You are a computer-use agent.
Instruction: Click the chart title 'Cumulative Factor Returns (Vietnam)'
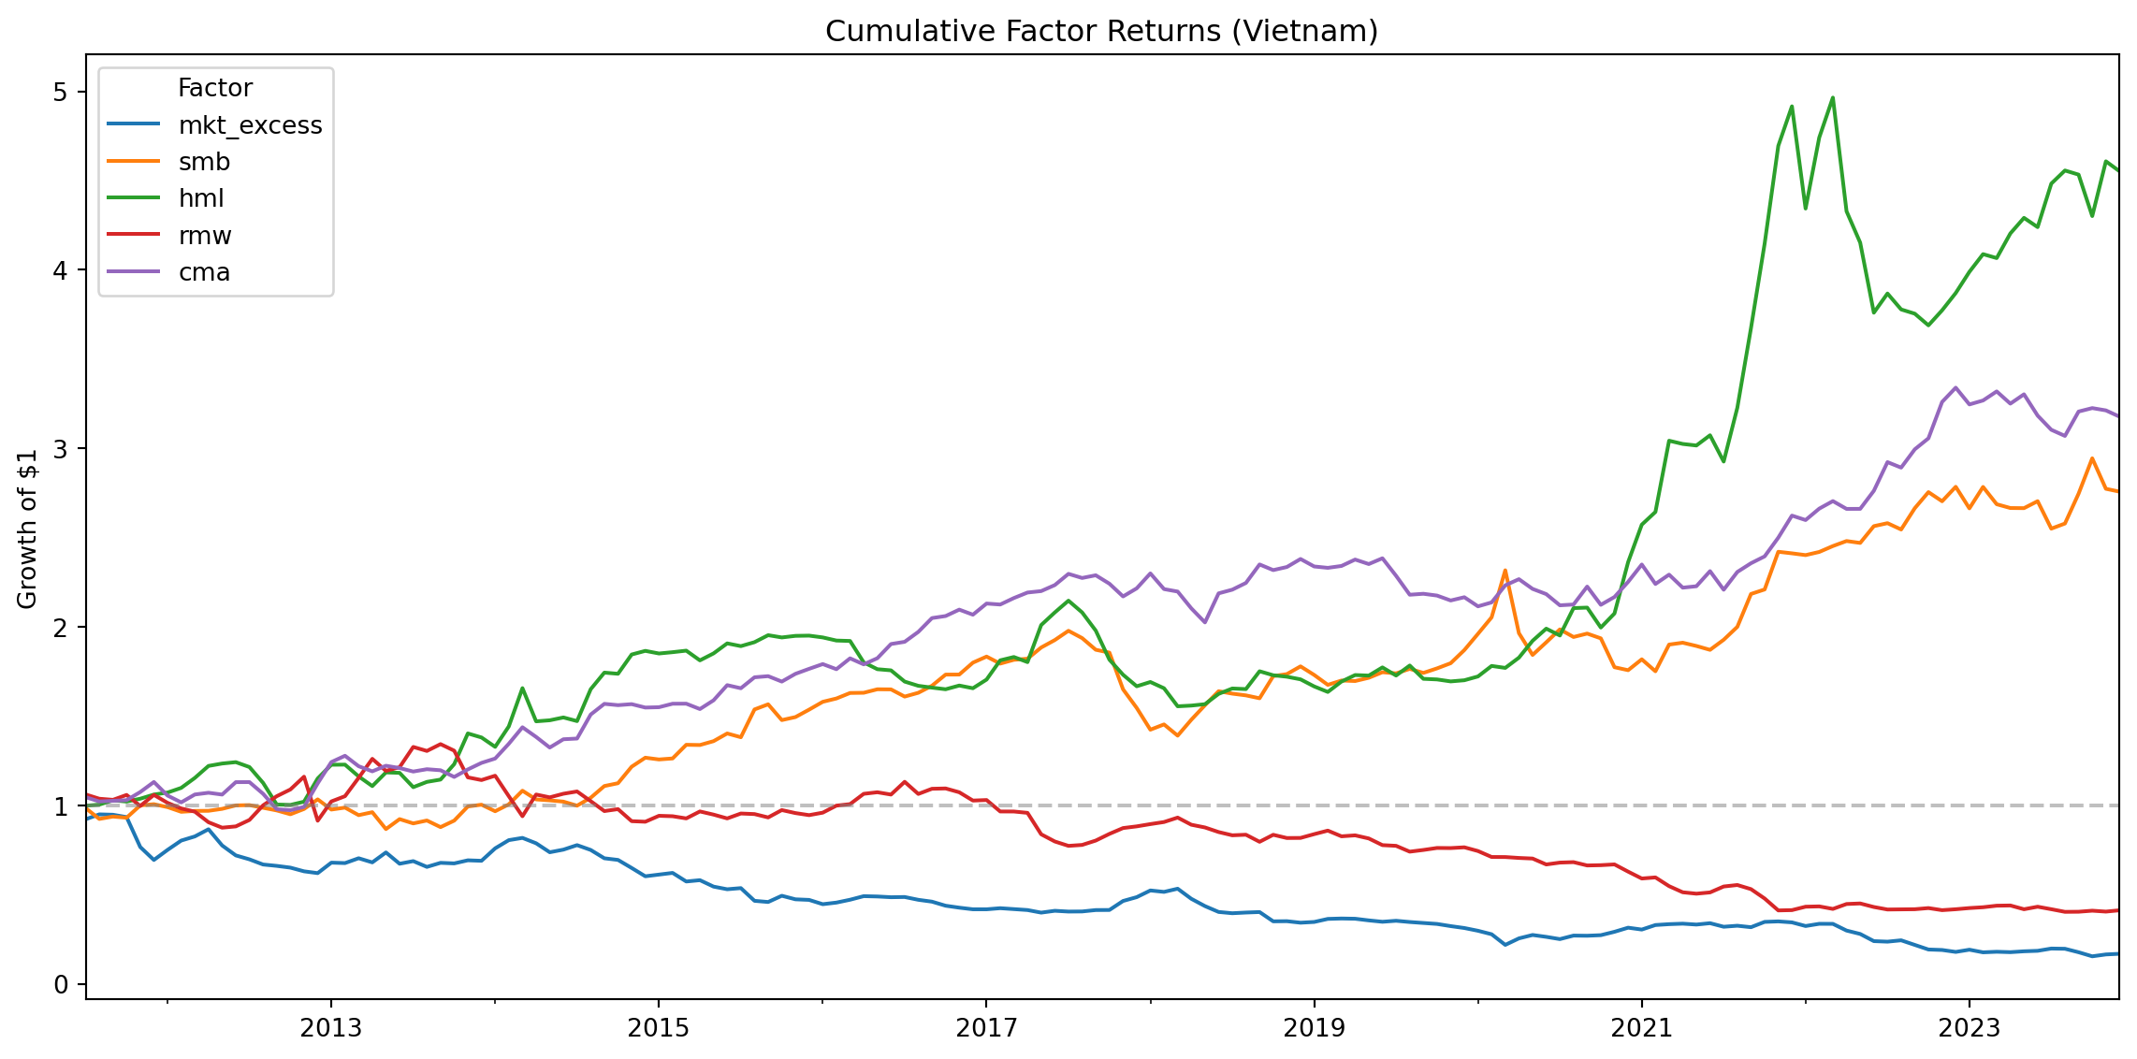click(x=1101, y=32)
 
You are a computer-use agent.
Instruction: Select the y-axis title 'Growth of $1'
click(x=27, y=529)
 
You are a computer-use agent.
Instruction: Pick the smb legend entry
click(x=204, y=162)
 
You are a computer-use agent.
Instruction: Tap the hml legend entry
click(x=201, y=198)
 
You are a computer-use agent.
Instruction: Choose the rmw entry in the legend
click(x=205, y=236)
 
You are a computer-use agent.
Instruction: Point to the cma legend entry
click(x=204, y=272)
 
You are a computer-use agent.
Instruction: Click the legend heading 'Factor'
click(x=214, y=88)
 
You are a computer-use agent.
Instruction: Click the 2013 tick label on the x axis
click(x=330, y=1028)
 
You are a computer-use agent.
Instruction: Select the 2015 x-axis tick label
click(x=658, y=1028)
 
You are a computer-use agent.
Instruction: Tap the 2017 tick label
click(x=986, y=1028)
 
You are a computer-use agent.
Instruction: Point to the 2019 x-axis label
click(x=1314, y=1028)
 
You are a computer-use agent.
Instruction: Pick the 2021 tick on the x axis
click(x=1641, y=1028)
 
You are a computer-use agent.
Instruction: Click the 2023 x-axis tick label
click(x=1969, y=1028)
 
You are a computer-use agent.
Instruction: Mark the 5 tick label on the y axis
click(x=61, y=92)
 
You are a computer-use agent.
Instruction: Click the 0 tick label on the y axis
click(x=61, y=984)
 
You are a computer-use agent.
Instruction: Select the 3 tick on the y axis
click(x=61, y=449)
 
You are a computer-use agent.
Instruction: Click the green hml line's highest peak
click(x=1832, y=97)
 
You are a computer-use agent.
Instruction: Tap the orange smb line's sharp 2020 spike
click(x=1505, y=570)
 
